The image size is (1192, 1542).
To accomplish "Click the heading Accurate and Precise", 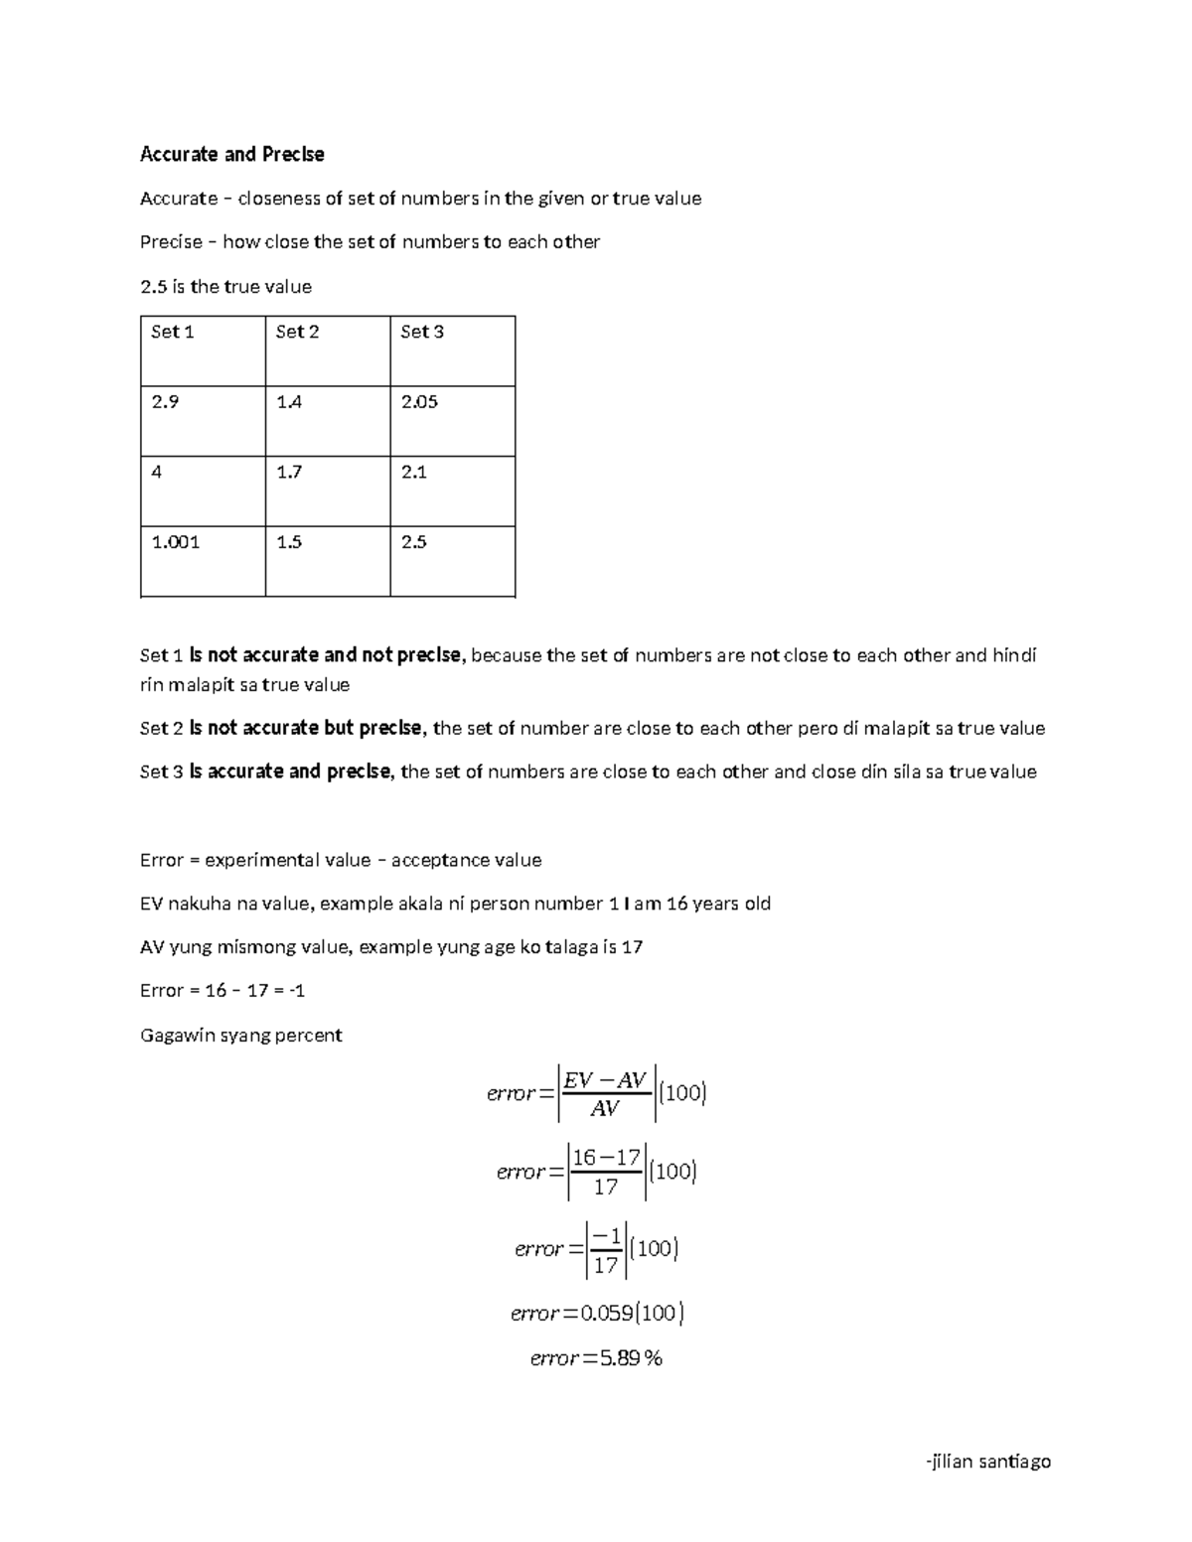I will (x=231, y=154).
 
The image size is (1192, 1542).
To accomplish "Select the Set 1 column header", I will (x=172, y=332).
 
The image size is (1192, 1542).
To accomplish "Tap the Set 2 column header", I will (x=297, y=332).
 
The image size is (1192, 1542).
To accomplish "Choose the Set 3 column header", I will (x=422, y=332).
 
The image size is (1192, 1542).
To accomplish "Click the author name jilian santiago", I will (x=986, y=1461).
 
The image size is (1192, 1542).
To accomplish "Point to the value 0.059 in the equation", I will (x=607, y=1314).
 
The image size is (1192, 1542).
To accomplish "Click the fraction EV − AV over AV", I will (x=605, y=1093).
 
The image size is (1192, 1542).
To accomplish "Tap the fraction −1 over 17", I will (x=605, y=1249).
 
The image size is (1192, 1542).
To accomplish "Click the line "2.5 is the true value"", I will (x=225, y=287).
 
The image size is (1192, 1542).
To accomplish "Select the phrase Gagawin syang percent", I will (x=240, y=1035).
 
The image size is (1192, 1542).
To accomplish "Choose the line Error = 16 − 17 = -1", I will (x=223, y=991).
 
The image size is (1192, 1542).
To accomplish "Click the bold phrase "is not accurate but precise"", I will (x=307, y=728).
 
